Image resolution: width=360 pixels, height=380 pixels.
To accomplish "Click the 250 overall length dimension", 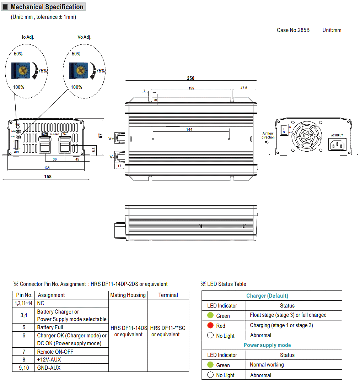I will pyautogui.click(x=190, y=78).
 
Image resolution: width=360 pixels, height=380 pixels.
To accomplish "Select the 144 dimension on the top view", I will pyautogui.click(x=189, y=130).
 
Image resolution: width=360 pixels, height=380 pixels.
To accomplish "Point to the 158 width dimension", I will pyautogui.click(x=48, y=177).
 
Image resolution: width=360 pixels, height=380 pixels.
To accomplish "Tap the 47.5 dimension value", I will pyautogui.click(x=243, y=88).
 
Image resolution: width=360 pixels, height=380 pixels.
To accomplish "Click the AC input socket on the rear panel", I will pyautogui.click(x=337, y=145).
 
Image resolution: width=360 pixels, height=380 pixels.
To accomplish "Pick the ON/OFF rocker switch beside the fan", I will pyautogui.click(x=284, y=130).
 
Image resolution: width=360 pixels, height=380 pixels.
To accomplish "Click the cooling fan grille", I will pyautogui.click(x=307, y=135).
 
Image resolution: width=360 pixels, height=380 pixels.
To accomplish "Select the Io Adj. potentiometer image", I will pyautogui.click(x=19, y=70).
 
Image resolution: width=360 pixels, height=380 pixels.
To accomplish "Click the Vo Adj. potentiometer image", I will pyautogui.click(x=78, y=70).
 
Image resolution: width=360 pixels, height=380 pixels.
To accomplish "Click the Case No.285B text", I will pyautogui.click(x=293, y=30).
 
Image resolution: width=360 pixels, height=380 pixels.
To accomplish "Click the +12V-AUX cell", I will pyautogui.click(x=49, y=359).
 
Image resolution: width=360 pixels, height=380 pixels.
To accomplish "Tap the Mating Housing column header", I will pyautogui.click(x=128, y=295).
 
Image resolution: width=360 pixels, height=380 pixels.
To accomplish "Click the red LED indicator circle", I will pyautogui.click(x=210, y=325).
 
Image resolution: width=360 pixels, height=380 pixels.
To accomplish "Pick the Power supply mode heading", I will pyautogui.click(x=267, y=345).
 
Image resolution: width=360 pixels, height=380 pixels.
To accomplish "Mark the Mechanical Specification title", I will pyautogui.click(x=47, y=7).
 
